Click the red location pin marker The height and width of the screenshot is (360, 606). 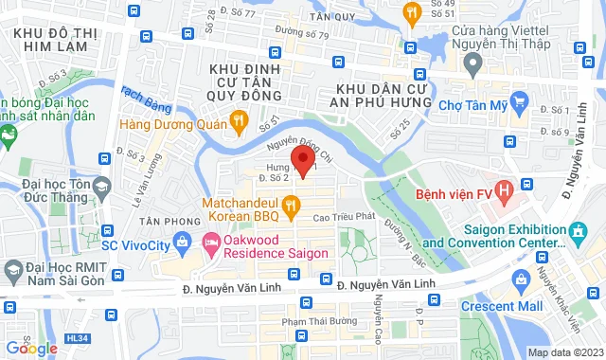pyautogui.click(x=302, y=159)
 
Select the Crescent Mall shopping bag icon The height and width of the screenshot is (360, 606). pyautogui.click(x=520, y=279)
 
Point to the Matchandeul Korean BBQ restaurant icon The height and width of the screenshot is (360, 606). pyautogui.click(x=293, y=203)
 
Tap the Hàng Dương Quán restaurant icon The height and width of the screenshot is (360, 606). pyautogui.click(x=239, y=120)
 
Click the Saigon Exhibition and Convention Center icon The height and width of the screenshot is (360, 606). pyautogui.click(x=576, y=230)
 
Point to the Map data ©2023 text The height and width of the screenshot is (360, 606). pyautogui.click(x=563, y=352)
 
